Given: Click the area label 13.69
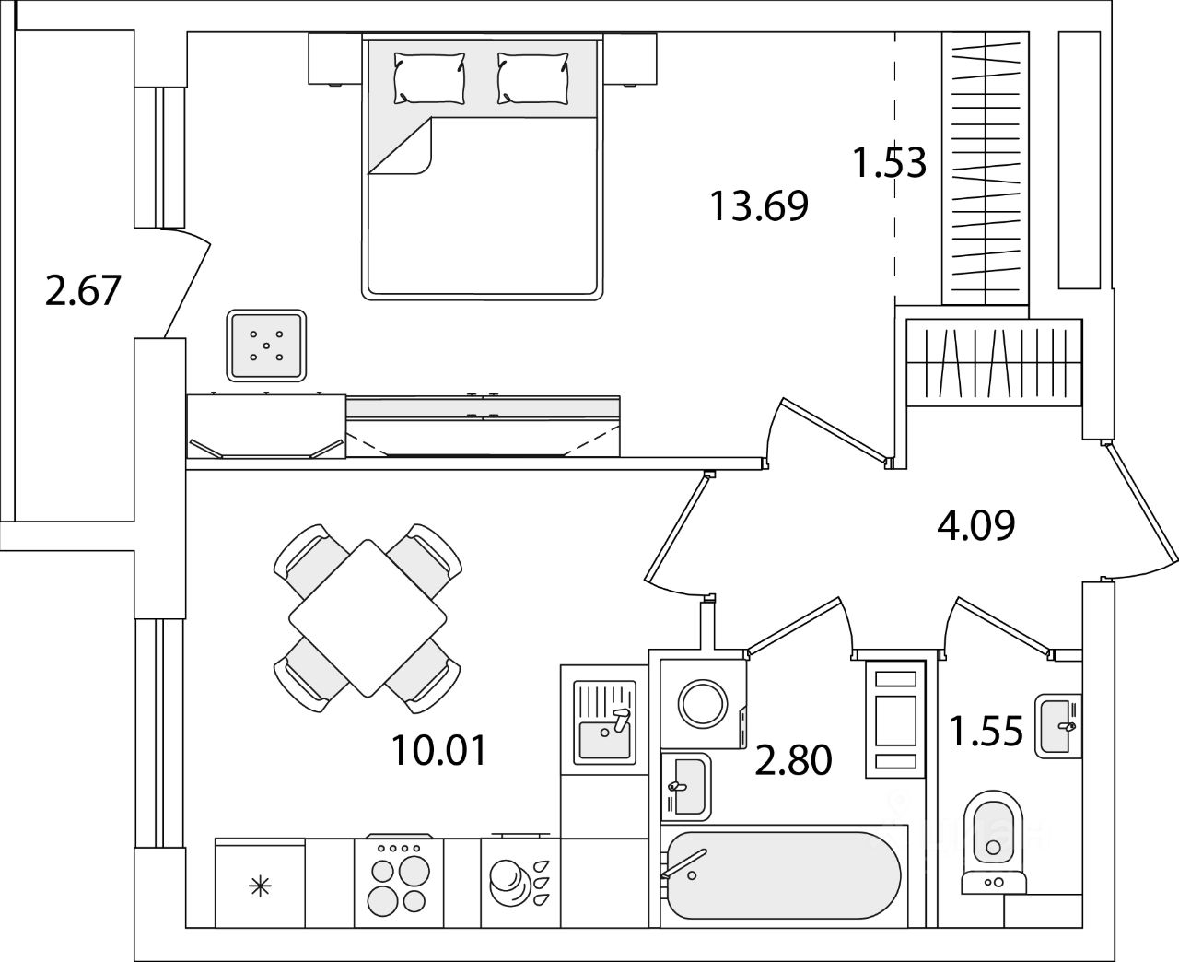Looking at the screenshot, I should [x=758, y=205].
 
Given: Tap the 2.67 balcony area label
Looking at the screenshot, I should [x=83, y=290].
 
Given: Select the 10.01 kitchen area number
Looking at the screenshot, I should [x=438, y=750].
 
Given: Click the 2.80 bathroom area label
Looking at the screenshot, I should [x=793, y=761].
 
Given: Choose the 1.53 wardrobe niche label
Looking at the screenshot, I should [x=889, y=163].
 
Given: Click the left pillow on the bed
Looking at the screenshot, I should [x=429, y=77].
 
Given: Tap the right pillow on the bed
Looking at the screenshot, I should [x=532, y=77].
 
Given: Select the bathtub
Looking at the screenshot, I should [x=784, y=875].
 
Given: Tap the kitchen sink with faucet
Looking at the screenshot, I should [x=605, y=722].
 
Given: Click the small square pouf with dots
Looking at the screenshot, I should [x=266, y=346].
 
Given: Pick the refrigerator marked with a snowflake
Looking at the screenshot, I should [x=260, y=886].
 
